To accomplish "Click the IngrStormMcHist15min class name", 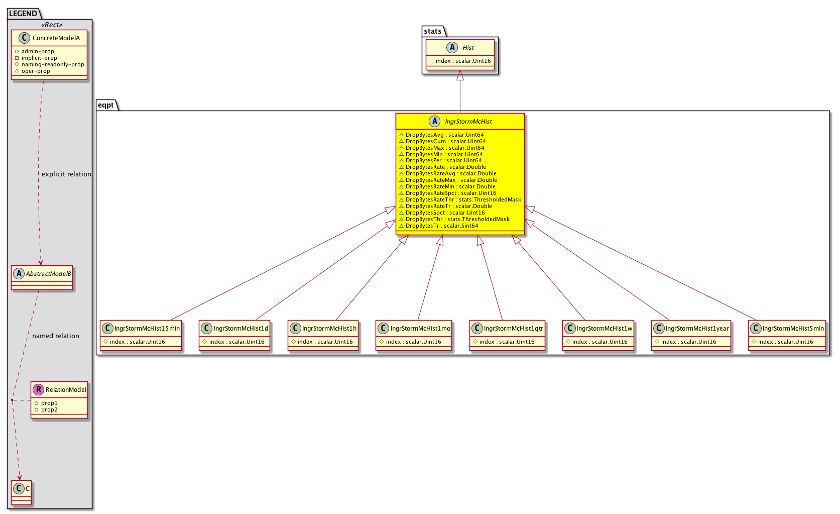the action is click(x=147, y=329).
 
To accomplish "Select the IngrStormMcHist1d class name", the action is click(x=241, y=329).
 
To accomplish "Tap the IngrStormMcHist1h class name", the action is click(x=329, y=329).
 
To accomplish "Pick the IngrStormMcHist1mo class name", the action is click(x=420, y=329).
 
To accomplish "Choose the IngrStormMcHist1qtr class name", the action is click(x=513, y=329).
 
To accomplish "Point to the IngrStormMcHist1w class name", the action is click(x=605, y=329).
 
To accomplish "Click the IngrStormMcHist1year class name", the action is click(x=697, y=329).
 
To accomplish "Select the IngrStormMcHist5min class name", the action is click(x=793, y=329).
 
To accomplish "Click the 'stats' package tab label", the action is click(x=433, y=31).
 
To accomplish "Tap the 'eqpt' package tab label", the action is click(x=106, y=105).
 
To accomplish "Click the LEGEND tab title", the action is click(x=23, y=14).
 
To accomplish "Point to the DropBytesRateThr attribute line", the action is click(x=460, y=199).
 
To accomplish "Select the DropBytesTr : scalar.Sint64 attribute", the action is click(x=439, y=226).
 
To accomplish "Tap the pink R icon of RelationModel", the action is click(x=38, y=389).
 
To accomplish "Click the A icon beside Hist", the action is click(x=452, y=47).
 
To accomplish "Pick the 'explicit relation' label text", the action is click(x=66, y=174).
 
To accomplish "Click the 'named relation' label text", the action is click(x=56, y=336).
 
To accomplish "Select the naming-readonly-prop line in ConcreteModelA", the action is click(x=50, y=64).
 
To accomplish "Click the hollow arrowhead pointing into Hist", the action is click(x=460, y=75).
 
